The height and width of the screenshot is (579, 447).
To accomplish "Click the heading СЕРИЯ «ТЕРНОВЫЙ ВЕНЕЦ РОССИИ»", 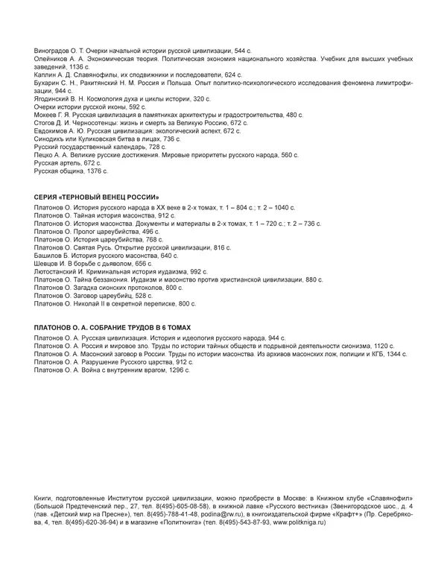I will click(97, 196).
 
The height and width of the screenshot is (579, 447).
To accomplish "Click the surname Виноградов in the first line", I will click(54, 49).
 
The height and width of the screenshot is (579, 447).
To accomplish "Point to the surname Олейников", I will click(53, 57).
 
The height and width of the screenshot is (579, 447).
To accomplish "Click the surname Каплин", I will click(48, 75).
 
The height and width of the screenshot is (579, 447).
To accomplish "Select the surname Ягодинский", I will click(56, 99).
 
